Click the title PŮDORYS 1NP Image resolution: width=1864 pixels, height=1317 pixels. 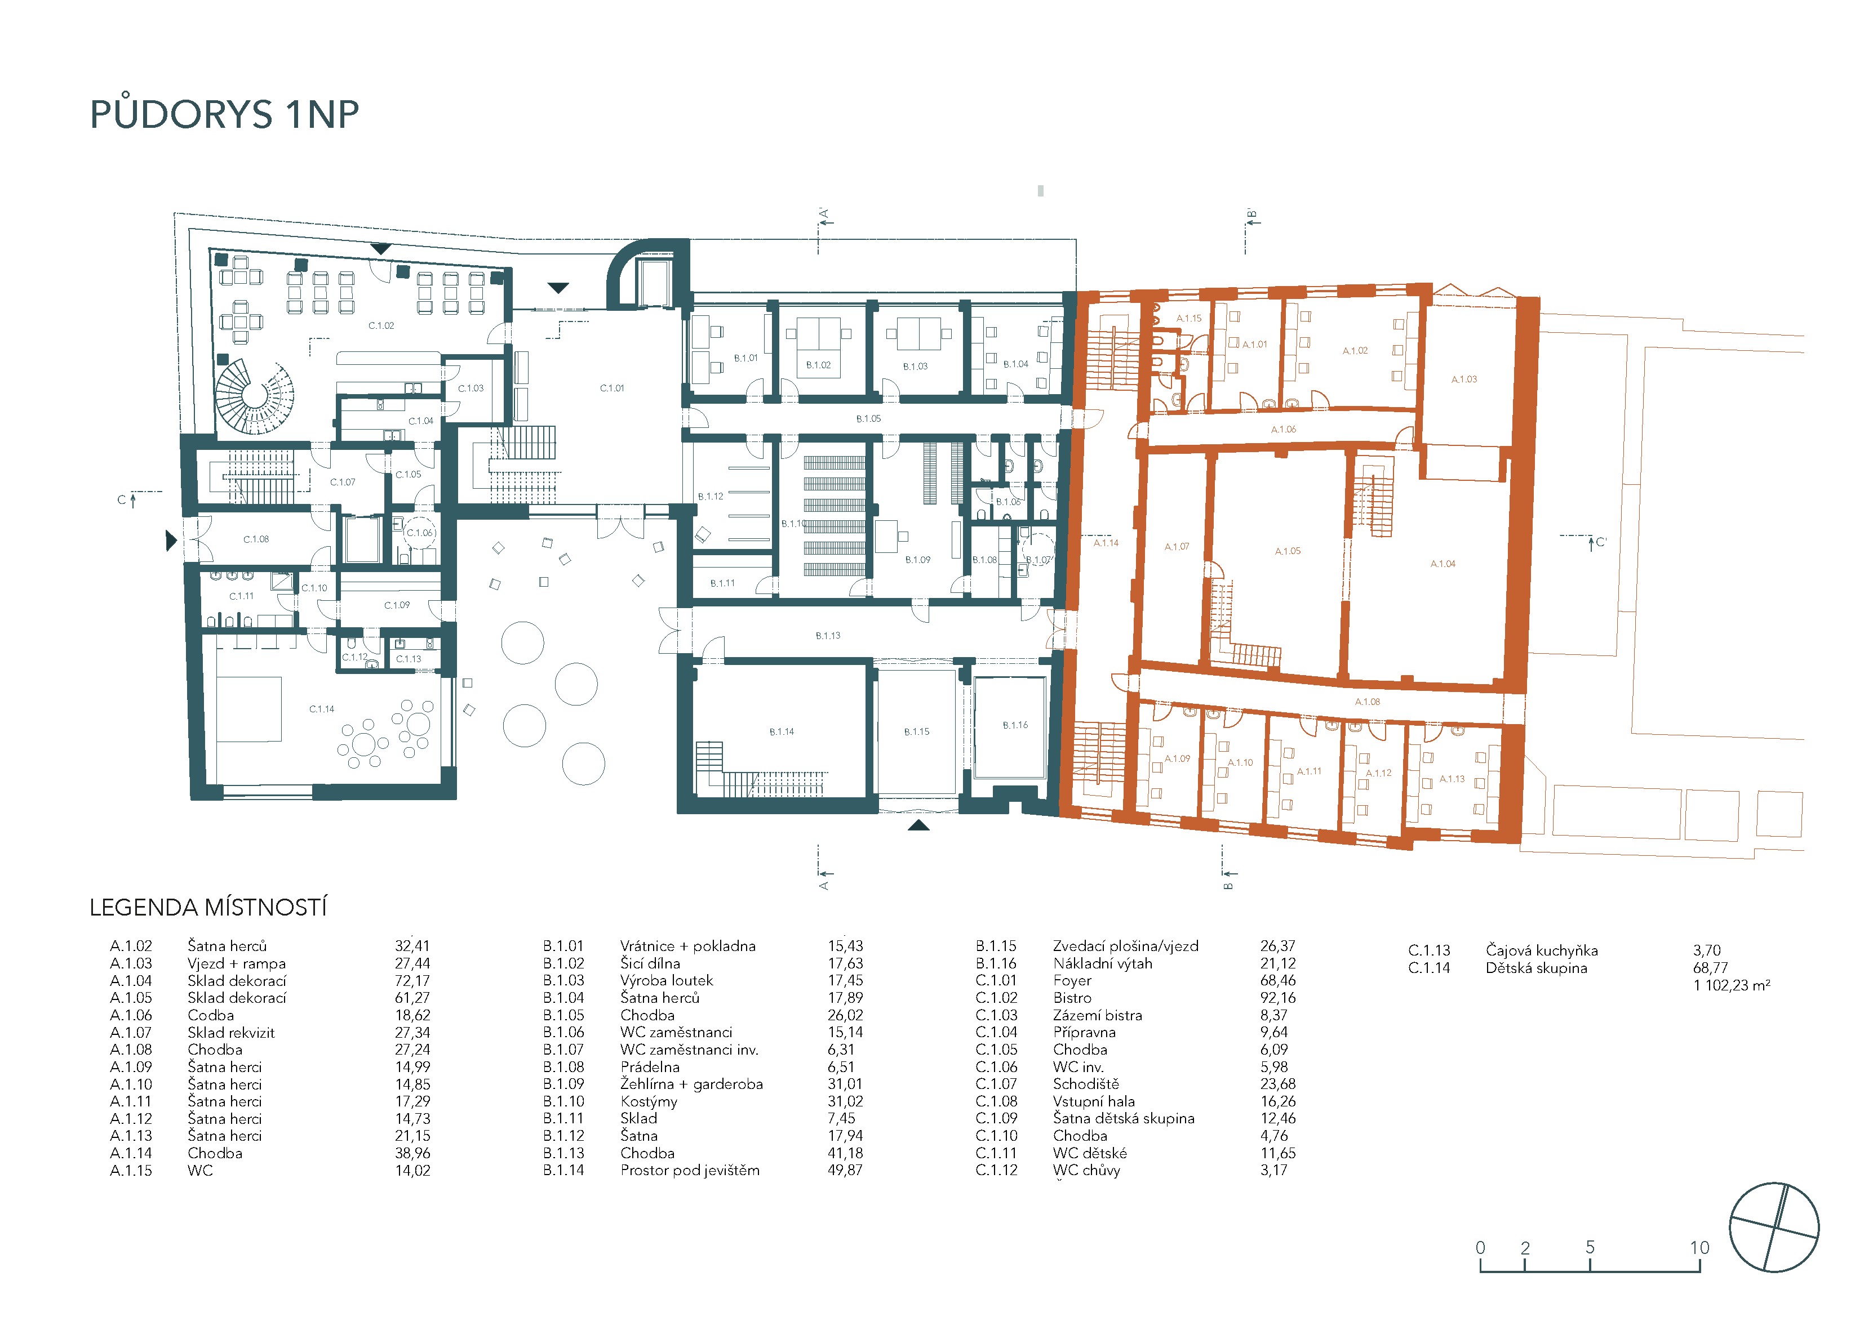click(224, 114)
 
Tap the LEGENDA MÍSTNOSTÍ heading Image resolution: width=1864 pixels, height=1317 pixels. click(208, 907)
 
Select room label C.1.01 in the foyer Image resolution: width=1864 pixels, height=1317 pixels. click(612, 388)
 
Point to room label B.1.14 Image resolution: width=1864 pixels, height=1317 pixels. click(782, 732)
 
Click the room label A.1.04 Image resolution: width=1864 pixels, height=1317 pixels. click(1443, 564)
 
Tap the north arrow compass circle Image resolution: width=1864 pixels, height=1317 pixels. click(1774, 1227)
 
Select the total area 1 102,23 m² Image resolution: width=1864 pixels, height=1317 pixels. click(1732, 985)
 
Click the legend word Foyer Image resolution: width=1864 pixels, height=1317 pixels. click(1072, 980)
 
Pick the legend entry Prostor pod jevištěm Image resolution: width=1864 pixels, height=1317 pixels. click(690, 1170)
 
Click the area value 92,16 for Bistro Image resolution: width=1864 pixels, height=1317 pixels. click(1278, 998)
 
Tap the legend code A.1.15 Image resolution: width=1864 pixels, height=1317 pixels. click(131, 1170)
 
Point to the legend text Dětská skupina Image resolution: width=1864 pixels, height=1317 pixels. click(1536, 968)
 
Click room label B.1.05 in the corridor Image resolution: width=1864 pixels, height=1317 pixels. click(868, 419)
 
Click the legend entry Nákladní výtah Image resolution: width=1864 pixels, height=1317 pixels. click(1103, 963)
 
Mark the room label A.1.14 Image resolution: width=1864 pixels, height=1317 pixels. click(1106, 543)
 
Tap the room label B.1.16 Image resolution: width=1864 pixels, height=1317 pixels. click(1015, 725)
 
